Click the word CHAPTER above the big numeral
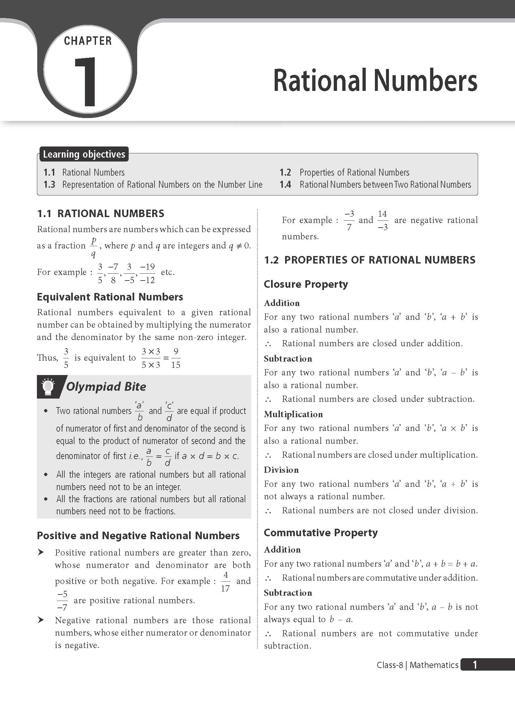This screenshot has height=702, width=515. pos(88,41)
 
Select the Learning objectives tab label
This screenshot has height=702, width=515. pos(84,154)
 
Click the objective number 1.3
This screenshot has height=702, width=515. pos(49,185)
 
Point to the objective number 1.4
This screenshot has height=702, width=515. pos(285,185)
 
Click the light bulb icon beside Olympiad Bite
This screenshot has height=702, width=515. pos(48,386)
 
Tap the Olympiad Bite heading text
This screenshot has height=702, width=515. pos(106,386)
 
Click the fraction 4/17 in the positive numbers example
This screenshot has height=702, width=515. pos(225,581)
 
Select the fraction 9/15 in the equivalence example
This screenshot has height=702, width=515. pos(176,358)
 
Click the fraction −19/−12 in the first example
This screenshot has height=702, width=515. pos(147,273)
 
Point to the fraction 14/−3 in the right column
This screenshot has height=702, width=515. pos(382,220)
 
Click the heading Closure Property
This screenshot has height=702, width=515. pos(306,284)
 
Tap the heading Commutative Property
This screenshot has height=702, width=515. pos(320,533)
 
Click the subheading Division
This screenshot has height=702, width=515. pos(281,470)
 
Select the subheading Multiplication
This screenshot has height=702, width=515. pos(293,414)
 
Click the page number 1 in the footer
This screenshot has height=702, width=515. pos(475,665)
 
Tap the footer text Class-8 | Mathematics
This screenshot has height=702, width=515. pos(417,665)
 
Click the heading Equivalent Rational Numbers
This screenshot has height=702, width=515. pos(110,297)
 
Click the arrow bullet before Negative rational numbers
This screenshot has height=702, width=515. pos(41,620)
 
